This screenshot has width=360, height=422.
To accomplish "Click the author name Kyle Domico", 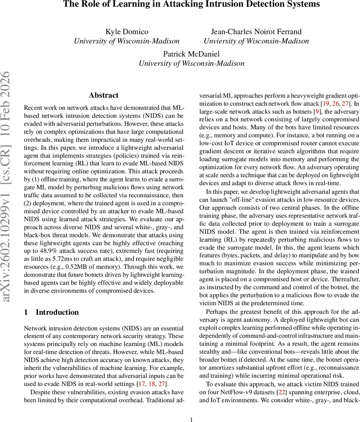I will point(127,32).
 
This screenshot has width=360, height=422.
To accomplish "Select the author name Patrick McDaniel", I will point(191,54).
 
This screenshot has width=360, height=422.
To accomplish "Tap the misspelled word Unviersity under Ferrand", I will point(221,41).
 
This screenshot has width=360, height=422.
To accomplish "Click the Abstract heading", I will point(103,95).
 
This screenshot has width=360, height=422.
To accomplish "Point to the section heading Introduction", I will point(57,312).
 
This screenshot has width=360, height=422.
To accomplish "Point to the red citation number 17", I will point(143,384).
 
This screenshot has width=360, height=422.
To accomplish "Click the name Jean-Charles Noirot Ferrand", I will point(256,32).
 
